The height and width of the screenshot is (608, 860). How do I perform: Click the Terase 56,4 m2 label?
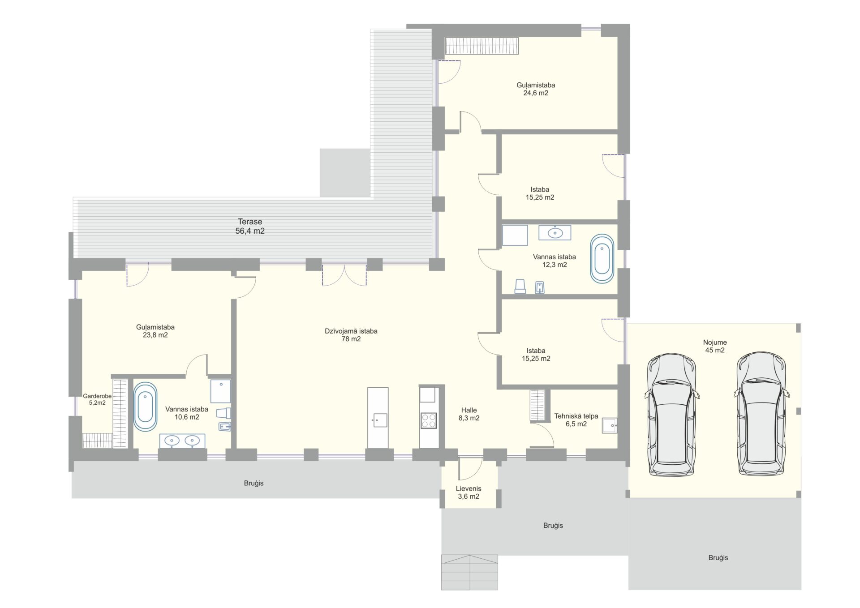click(x=250, y=226)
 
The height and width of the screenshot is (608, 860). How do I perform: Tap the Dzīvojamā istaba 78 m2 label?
click(x=351, y=335)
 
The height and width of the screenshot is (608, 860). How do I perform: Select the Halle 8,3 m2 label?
click(x=469, y=414)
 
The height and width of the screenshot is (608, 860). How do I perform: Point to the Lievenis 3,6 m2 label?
click(x=469, y=492)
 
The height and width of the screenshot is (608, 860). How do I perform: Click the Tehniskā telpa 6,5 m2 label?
click(x=576, y=420)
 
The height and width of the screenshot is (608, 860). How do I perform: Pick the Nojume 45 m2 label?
click(x=715, y=346)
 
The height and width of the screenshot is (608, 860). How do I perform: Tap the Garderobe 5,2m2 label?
click(x=97, y=399)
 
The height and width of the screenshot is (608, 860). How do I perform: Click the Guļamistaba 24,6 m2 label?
click(x=536, y=89)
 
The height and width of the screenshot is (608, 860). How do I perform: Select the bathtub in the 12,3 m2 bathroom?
click(x=602, y=258)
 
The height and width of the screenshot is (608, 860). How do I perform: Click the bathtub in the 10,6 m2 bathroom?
click(x=145, y=407)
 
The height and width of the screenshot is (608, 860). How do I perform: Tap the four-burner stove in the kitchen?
click(x=429, y=421)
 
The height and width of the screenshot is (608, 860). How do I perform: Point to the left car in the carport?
click(x=671, y=415)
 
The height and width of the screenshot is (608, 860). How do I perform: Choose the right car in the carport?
click(x=761, y=414)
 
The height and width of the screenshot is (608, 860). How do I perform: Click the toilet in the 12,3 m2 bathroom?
click(x=520, y=287)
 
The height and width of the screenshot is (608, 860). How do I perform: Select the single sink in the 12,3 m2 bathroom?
click(x=555, y=233)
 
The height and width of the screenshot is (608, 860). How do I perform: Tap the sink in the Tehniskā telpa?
click(x=610, y=425)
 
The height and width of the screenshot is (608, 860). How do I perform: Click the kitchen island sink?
click(x=380, y=420)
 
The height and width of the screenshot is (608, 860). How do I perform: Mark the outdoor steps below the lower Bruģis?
click(x=469, y=572)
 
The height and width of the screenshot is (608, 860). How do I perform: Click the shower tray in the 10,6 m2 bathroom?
click(x=221, y=391)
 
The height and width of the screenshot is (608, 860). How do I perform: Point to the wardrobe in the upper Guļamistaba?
click(x=482, y=46)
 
